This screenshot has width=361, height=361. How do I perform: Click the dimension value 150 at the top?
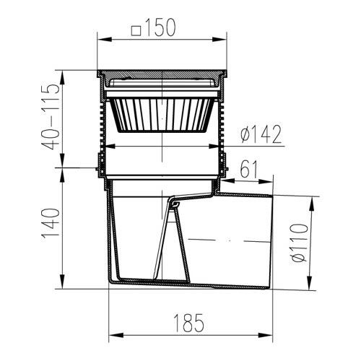[160, 27]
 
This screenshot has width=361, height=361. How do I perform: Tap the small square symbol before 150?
[136, 31]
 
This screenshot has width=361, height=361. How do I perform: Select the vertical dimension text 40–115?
[51, 116]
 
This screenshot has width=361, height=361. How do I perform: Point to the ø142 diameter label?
[261, 134]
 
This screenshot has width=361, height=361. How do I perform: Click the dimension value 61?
[249, 169]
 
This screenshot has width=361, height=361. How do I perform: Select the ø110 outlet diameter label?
[299, 243]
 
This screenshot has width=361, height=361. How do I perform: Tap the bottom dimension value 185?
[188, 323]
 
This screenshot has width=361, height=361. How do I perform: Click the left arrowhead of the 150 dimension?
[105, 39]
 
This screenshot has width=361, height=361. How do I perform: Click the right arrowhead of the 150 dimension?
[219, 39]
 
